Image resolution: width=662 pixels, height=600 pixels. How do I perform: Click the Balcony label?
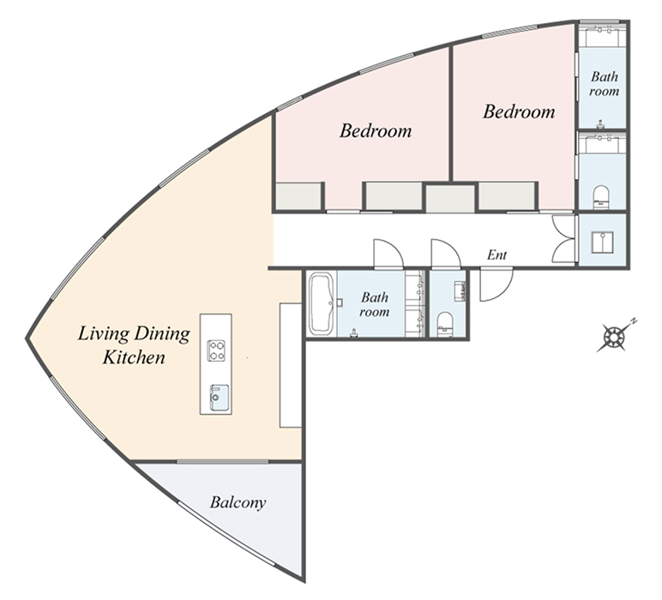(x=238, y=502)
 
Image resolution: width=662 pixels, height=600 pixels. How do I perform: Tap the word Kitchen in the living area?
(x=134, y=357)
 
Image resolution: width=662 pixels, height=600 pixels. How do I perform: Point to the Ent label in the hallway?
(x=496, y=255)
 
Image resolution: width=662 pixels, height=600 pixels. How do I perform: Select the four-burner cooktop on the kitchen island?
(x=216, y=351)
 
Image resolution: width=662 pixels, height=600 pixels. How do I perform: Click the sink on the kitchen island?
(x=220, y=398)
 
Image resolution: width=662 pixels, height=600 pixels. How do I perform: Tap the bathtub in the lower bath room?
(x=322, y=303)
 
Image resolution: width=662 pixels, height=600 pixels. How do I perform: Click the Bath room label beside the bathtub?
(x=374, y=304)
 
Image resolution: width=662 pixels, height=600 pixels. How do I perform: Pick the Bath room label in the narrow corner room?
(x=605, y=83)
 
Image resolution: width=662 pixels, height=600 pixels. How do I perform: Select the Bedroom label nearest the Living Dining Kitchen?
(x=376, y=130)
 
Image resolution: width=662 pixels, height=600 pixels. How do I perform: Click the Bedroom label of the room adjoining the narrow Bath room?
(x=519, y=111)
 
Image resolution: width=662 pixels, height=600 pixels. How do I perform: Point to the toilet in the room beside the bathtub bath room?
(x=444, y=324)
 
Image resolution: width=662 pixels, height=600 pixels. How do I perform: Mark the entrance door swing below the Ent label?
(x=496, y=284)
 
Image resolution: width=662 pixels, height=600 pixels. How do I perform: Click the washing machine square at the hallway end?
(x=603, y=243)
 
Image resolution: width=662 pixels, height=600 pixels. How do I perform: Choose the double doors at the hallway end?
(x=563, y=240)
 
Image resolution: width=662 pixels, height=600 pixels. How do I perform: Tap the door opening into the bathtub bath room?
(x=388, y=254)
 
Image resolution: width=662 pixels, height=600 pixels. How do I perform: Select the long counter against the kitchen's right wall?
(x=291, y=365)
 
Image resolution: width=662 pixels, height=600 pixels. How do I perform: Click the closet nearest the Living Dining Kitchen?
(x=299, y=196)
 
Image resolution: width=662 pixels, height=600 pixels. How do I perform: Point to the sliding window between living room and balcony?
(x=222, y=462)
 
